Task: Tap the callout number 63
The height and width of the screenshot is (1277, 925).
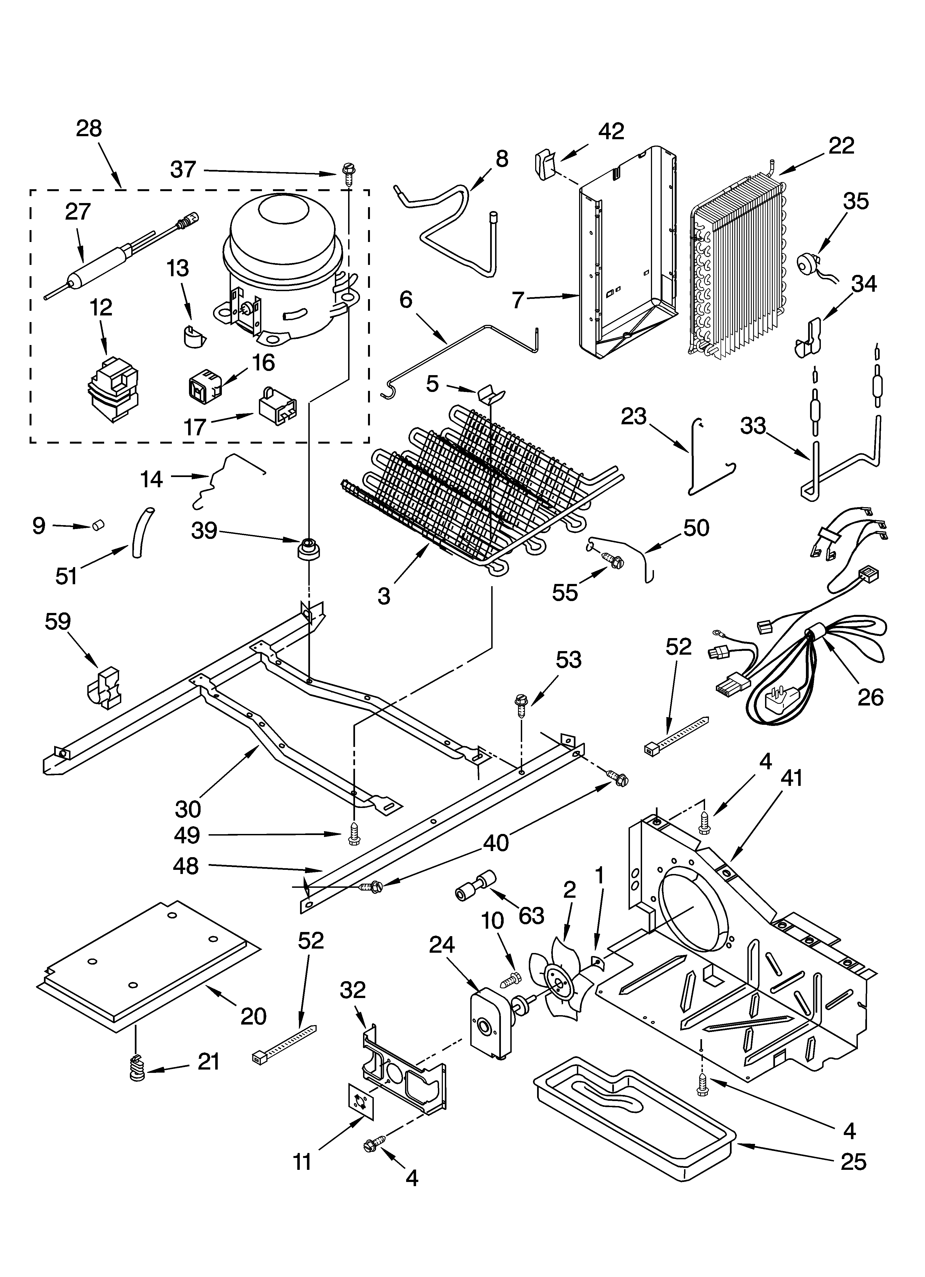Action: click(531, 916)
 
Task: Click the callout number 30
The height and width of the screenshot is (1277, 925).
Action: click(188, 809)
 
